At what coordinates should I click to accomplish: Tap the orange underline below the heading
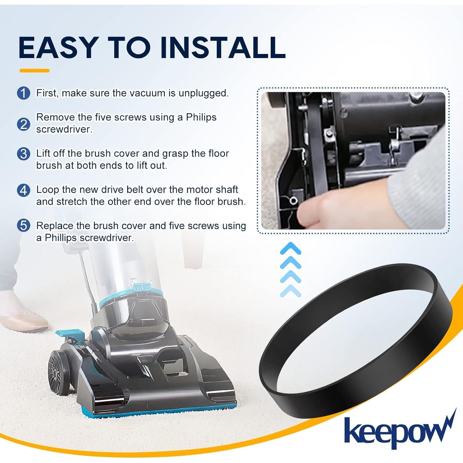tap(34, 71)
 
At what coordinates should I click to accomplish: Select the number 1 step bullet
tap(23, 93)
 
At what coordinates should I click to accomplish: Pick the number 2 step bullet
tap(23, 124)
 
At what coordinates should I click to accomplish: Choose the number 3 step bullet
tap(23, 154)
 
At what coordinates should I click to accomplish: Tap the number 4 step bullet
tap(23, 190)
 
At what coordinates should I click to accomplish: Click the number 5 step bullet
tap(23, 226)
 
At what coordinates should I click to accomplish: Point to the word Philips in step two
tap(201, 117)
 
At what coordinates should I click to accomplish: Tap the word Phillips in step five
tap(60, 238)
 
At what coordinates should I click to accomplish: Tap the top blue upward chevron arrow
tap(290, 248)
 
